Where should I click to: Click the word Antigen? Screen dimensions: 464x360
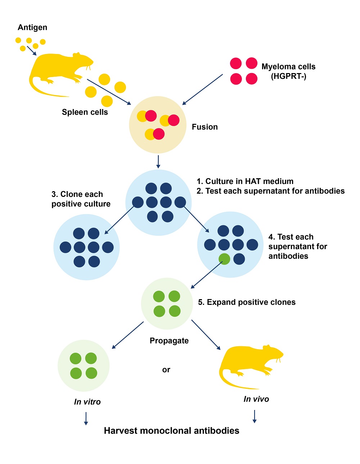(32, 28)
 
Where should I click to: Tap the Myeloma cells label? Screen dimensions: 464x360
(288, 67)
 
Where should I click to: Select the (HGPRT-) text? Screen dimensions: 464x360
(288, 76)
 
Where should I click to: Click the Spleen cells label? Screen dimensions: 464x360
(85, 112)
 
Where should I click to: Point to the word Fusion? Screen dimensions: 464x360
(204, 127)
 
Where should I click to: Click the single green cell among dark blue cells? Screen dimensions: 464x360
(224, 259)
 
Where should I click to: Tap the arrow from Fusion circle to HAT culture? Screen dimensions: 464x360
(158, 162)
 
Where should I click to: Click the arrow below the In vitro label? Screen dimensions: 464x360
(86, 418)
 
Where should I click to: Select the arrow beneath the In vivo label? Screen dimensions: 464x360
(255, 416)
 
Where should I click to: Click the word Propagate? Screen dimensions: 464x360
(169, 341)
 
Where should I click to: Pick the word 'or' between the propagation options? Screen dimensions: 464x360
(166, 370)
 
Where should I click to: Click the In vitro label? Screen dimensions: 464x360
(87, 402)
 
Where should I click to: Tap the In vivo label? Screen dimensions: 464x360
(256, 399)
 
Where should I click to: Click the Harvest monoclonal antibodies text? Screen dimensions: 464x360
(171, 431)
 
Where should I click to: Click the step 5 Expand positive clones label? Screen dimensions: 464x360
(247, 302)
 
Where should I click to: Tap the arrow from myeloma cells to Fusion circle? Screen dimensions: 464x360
(202, 90)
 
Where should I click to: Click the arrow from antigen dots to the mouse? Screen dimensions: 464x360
(32, 51)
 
